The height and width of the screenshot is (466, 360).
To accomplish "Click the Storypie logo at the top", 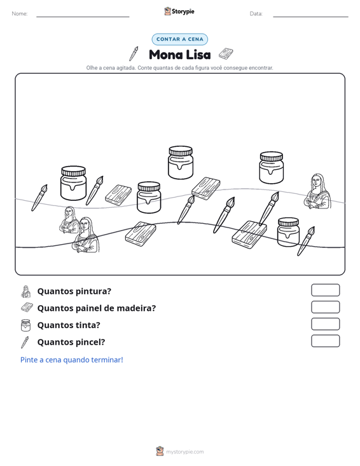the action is pos(179,11).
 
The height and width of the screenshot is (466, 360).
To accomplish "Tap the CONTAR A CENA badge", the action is pos(179,39).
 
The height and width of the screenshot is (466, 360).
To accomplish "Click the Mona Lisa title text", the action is pos(179,55).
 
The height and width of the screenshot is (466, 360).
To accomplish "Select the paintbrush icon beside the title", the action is pos(134,54).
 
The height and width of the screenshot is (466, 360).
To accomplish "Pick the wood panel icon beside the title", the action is pos(226,54).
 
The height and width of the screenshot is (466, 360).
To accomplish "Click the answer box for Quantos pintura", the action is pos(325,290).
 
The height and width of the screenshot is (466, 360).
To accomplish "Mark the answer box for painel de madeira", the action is pos(325,307).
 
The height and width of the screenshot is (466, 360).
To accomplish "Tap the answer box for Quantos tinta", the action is pos(325,324).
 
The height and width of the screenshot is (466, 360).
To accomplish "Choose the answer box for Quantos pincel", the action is pos(325,341).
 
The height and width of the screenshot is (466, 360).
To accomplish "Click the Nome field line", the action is pos(83,17).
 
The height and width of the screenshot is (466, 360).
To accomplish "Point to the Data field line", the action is pos(310,17).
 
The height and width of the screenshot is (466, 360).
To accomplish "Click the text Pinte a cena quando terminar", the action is pos(72,360).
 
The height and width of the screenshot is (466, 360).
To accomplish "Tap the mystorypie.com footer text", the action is pos(184,452).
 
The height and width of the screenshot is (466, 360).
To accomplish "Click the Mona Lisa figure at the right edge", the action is pos(317,191).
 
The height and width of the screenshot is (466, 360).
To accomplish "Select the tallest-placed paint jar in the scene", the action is pos(181,163).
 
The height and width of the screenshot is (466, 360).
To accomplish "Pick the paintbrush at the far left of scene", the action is pos(39,198).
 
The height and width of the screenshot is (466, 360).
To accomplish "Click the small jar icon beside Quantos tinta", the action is pos(25,325).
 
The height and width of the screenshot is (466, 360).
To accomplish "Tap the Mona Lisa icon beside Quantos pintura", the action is pos(26,292).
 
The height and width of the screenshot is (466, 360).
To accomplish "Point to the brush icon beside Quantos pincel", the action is pos(25,342).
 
